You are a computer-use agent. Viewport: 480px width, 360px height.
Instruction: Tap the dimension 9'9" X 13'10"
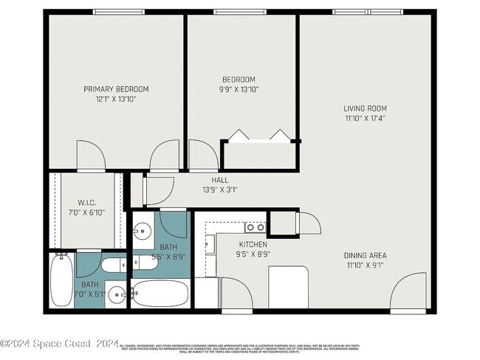[x=239, y=89]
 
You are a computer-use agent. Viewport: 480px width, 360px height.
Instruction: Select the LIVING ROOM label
[x=365, y=108]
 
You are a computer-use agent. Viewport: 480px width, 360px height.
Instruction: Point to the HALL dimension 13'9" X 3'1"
[x=220, y=189]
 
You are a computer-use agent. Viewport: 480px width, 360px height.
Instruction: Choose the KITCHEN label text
[x=253, y=244]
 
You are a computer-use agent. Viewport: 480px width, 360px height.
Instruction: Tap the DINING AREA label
[x=365, y=256]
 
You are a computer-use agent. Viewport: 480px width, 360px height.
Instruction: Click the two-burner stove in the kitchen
[x=255, y=228]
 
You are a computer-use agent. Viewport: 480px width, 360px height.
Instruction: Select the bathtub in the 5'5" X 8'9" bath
[x=161, y=294]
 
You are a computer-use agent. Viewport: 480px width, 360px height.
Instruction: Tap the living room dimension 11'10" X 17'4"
[x=365, y=118]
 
